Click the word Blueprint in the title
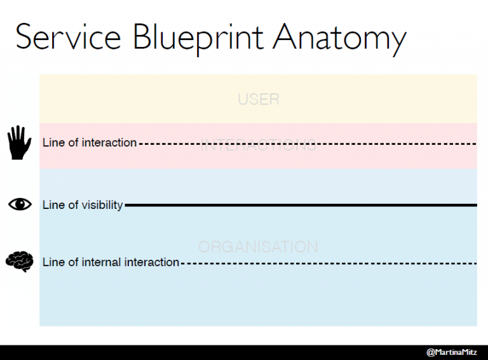coord(198,37)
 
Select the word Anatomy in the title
coord(340,37)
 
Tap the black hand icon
coord(19,142)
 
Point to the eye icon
coord(19,204)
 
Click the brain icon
coord(19,262)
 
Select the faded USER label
coord(258,100)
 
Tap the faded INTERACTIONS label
coord(258,146)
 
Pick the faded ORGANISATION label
coord(258,247)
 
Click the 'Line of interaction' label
coord(90,143)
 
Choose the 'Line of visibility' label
coord(83,205)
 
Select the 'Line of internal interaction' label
coord(111,262)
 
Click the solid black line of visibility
coord(305,205)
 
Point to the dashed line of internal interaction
coord(330,263)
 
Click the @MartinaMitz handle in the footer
coord(452,352)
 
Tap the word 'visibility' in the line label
coord(102,205)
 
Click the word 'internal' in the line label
coord(101,262)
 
